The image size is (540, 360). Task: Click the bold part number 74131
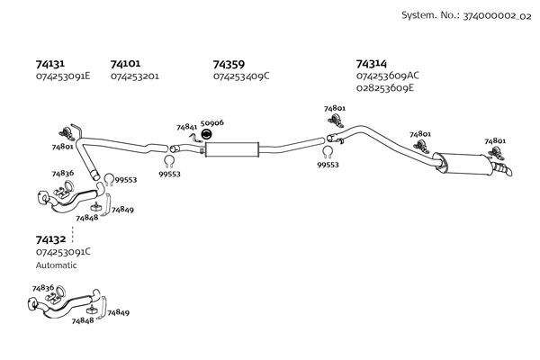[x=50, y=64]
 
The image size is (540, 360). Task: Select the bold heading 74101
[x=125, y=64]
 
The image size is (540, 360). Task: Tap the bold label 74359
[x=229, y=64]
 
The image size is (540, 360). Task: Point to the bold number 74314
[x=372, y=64]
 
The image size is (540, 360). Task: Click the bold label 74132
[x=50, y=239]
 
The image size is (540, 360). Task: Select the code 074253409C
[x=241, y=76]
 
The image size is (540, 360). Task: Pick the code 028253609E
[x=385, y=88]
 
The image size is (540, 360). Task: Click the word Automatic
[x=57, y=265]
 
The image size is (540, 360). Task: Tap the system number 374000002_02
[x=487, y=16]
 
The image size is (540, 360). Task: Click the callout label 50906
[x=212, y=122]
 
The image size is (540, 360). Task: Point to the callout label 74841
[x=187, y=128]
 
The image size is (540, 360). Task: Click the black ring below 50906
[x=206, y=135]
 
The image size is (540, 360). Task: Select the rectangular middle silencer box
[x=231, y=149]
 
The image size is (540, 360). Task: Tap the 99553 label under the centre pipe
[x=328, y=166]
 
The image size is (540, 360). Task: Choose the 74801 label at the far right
[x=495, y=141]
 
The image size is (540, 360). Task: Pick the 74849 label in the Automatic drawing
[x=118, y=312]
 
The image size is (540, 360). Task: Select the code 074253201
[x=135, y=76]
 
